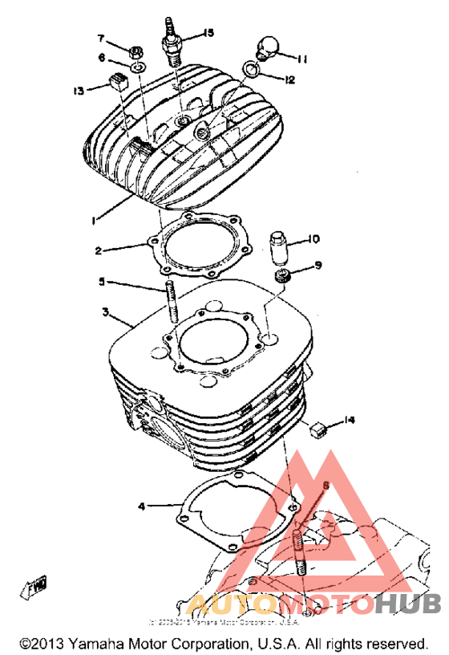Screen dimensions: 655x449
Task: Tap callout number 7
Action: click(x=102, y=39)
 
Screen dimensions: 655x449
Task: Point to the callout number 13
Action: click(x=78, y=91)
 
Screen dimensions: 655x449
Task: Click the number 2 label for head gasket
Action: click(x=97, y=250)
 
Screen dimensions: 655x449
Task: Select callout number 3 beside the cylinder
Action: click(x=105, y=311)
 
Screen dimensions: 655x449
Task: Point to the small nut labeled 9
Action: click(x=282, y=278)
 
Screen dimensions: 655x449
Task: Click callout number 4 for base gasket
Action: click(x=141, y=507)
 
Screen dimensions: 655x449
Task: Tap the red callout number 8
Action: click(x=326, y=486)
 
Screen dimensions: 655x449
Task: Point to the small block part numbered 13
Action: click(x=118, y=81)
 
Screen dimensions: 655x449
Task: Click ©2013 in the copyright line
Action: click(x=37, y=644)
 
